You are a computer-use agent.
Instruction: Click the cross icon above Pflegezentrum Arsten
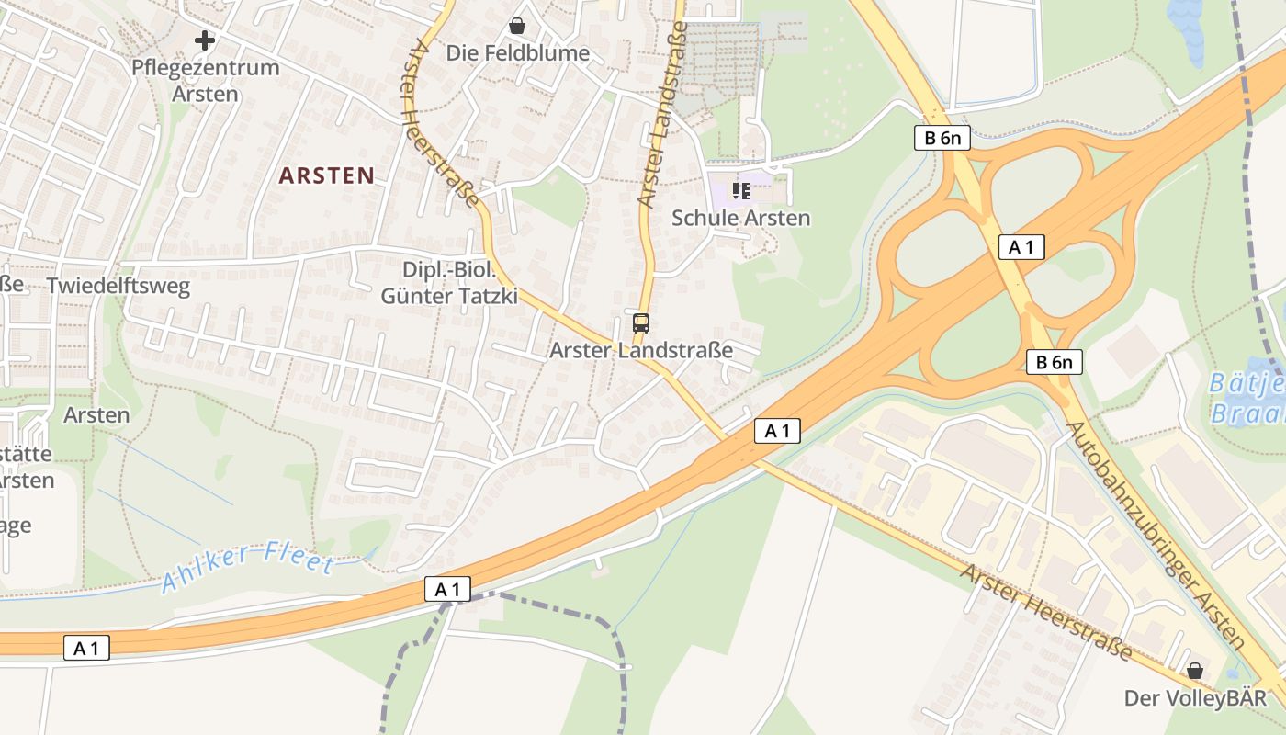205,40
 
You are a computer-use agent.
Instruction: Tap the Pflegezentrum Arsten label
205,81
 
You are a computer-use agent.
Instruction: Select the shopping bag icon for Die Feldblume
517,26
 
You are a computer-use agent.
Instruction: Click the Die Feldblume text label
518,53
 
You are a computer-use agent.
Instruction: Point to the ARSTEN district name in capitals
326,175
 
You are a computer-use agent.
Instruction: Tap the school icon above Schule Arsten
741,191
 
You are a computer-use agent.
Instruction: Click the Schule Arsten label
741,218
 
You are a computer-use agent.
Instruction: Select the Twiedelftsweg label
118,286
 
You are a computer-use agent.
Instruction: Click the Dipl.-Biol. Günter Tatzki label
449,283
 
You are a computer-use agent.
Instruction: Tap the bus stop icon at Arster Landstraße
641,323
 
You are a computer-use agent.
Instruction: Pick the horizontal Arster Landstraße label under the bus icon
641,350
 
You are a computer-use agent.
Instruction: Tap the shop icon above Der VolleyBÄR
1195,672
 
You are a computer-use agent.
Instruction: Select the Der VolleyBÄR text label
1195,698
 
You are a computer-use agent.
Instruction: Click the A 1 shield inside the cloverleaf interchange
1021,247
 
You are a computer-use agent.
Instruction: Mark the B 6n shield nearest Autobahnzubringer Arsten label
1054,362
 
